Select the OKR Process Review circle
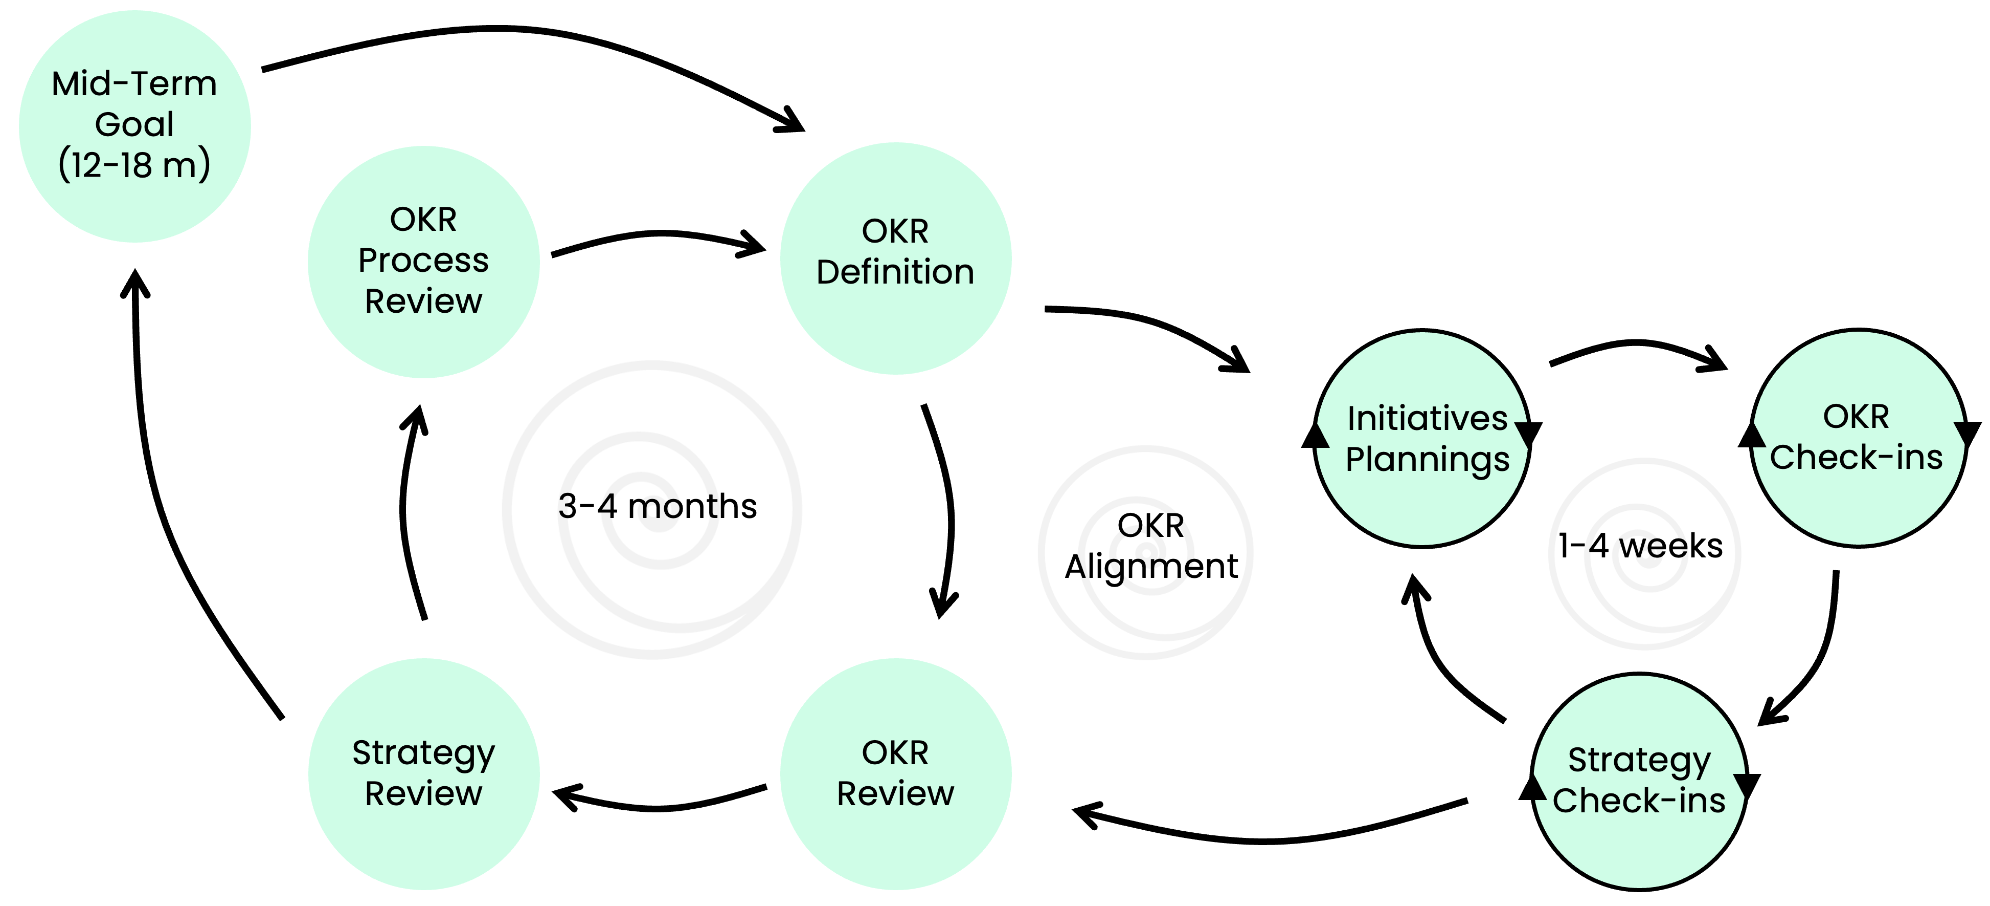[423, 261]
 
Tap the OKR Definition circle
[895, 257]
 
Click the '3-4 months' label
[658, 506]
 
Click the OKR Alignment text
[1150, 546]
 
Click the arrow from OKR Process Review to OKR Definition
[657, 233]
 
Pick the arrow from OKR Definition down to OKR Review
[948, 510]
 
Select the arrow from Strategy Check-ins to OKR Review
[1267, 839]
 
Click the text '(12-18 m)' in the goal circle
[134, 165]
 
